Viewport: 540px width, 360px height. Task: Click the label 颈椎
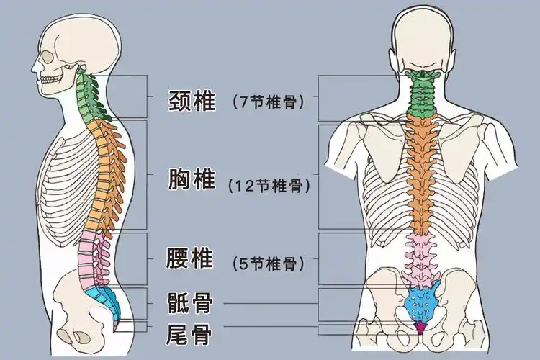tap(191, 101)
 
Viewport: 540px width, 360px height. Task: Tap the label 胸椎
tap(191, 179)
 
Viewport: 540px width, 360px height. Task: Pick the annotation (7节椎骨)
tap(268, 102)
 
